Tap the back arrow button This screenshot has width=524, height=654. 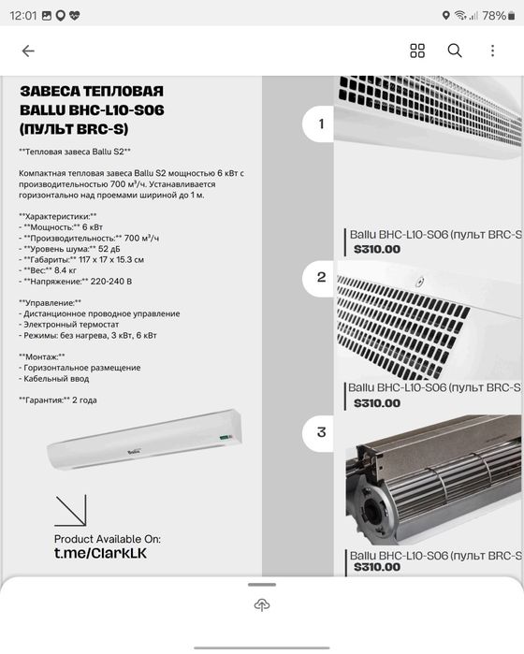pos(28,51)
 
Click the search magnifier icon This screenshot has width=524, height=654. pos(455,51)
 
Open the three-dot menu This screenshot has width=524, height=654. pos(493,51)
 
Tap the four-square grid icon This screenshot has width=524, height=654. pos(417,51)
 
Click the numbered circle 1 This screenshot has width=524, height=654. pos(319,124)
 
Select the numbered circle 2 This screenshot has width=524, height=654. pos(319,277)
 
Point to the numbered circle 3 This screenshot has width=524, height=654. pos(319,432)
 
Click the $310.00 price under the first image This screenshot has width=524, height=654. pos(377,249)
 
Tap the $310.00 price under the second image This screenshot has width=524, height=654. pos(377,403)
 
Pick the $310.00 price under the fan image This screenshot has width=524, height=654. pos(377,567)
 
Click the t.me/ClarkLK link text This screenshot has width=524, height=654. pos(100,553)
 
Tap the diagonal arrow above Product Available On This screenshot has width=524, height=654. pos(70,510)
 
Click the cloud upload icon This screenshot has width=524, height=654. pos(262,604)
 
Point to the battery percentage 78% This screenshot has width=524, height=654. pos(493,16)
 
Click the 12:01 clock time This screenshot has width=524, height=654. pos(23,16)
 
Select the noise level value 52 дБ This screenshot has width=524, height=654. pos(109,249)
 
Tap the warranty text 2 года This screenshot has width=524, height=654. pos(84,400)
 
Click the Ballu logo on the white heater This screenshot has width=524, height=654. pos(134,451)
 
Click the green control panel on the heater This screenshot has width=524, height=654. pos(226,438)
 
